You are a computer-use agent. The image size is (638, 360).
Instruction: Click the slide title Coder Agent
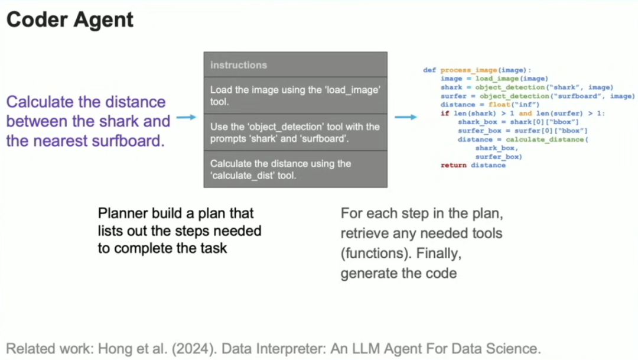click(x=70, y=20)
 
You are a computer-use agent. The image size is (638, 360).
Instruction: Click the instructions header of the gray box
click(x=239, y=65)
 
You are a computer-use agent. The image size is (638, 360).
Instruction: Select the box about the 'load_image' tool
click(x=295, y=95)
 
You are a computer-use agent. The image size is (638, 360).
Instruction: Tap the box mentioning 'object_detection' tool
click(x=295, y=132)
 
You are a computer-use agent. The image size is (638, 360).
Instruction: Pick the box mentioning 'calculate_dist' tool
click(x=295, y=169)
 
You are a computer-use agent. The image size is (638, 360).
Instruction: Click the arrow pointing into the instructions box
click(x=186, y=118)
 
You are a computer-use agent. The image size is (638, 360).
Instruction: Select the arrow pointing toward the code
click(x=405, y=117)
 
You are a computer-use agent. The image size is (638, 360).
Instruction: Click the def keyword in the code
click(x=429, y=70)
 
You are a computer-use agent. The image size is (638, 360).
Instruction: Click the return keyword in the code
click(x=453, y=166)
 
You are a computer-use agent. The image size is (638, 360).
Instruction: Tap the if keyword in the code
click(x=444, y=113)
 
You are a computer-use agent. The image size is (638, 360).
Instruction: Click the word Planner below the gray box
click(x=122, y=213)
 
